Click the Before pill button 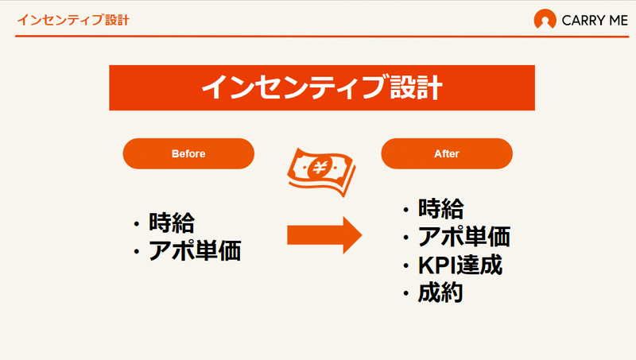[x=188, y=153]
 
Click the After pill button [x=447, y=153]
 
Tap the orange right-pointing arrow [x=324, y=235]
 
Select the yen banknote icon [x=322, y=172]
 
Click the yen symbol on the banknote [x=320, y=167]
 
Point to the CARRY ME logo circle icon [x=545, y=19]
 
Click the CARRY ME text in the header [x=595, y=21]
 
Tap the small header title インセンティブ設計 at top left [x=73, y=19]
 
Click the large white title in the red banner [x=322, y=87]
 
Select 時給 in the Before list [x=172, y=223]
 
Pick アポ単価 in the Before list [x=195, y=250]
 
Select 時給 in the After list [x=441, y=209]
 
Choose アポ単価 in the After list [x=464, y=236]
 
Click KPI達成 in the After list [x=460, y=265]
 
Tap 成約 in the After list [x=440, y=292]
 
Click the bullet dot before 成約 [x=406, y=293]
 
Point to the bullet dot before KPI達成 [x=406, y=265]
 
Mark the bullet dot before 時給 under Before [x=137, y=223]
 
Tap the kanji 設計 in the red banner [x=416, y=87]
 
